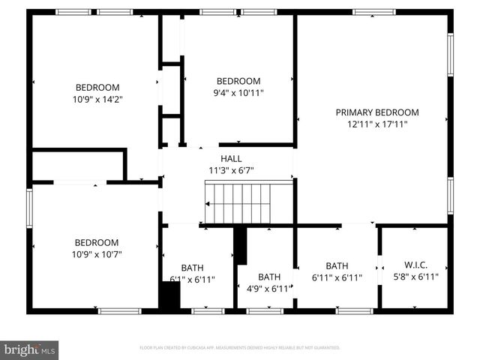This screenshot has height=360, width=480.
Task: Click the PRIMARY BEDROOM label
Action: (x=376, y=112)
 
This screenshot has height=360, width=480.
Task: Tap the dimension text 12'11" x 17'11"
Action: (x=376, y=124)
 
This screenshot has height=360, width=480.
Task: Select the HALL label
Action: (x=231, y=158)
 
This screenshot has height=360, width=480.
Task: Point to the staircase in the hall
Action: (x=238, y=203)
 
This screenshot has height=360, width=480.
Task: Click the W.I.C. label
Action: (x=415, y=265)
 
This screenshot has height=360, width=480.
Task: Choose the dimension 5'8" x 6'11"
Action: (x=415, y=277)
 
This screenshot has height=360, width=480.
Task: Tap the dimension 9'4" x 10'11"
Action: (x=238, y=93)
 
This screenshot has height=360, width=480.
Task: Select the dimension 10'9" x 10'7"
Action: (x=97, y=254)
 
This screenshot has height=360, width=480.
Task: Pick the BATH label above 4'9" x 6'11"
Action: (x=268, y=277)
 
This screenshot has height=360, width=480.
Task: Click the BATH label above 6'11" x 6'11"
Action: (x=337, y=265)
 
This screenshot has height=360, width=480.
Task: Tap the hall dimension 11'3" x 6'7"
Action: (x=231, y=169)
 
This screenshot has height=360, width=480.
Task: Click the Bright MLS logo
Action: (x=29, y=349)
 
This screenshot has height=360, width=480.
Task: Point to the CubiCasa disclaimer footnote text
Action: (x=240, y=348)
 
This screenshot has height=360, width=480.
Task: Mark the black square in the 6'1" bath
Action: (x=170, y=295)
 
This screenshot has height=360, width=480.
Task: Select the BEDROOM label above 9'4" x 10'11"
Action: (x=238, y=81)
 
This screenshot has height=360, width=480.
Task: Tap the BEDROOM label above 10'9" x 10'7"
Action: (x=97, y=242)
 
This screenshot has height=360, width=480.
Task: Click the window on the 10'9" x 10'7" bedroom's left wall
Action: (x=30, y=211)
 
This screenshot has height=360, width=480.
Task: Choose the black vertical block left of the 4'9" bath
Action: (x=241, y=245)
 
